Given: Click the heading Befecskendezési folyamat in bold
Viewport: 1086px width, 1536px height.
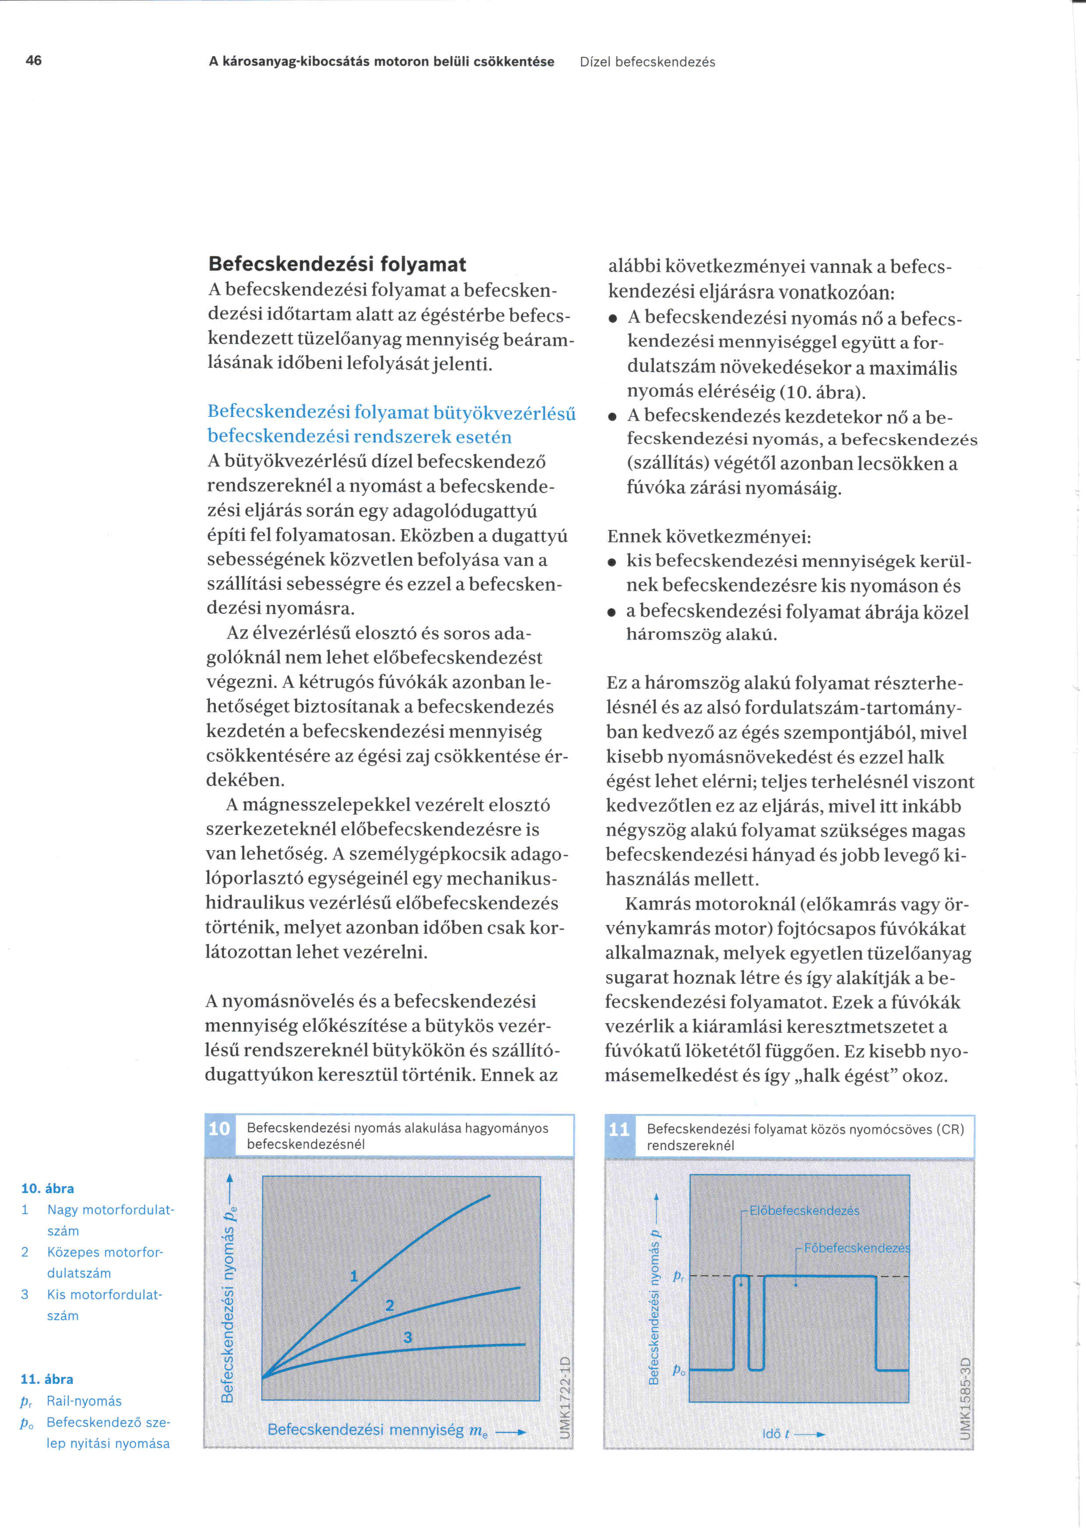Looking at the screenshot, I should [337, 264].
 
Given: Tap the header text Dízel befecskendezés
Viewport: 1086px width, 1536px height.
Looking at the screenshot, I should [647, 62].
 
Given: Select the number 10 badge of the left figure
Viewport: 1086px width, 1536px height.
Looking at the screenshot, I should [219, 1129].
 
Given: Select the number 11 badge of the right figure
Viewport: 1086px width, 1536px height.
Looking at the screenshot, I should [619, 1130].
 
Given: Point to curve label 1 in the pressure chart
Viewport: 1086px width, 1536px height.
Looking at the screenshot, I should [354, 1276].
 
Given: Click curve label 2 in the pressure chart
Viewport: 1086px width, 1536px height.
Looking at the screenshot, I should [390, 1305].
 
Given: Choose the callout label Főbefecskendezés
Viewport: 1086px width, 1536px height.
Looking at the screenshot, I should [857, 1248].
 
